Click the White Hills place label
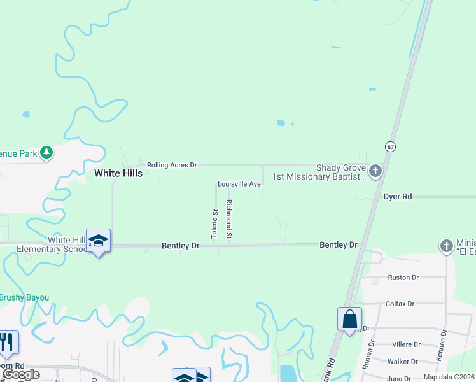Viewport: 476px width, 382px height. [118, 173]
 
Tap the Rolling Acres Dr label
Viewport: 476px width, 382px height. [172, 165]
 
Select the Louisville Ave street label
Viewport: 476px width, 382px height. [239, 184]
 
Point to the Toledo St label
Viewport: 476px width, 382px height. [215, 224]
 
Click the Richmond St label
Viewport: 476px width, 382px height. [229, 220]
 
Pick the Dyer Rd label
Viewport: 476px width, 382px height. [398, 197]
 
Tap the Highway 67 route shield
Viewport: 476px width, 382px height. [390, 146]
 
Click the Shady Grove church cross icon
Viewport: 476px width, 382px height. [375, 171]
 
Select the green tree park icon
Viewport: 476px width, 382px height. [46, 152]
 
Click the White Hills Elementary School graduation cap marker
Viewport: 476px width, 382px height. [98, 241]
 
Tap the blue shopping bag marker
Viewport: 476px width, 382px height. [350, 319]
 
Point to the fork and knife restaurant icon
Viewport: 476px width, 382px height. [8, 343]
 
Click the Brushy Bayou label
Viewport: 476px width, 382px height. [24, 297]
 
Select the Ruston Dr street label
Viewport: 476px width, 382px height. [403, 278]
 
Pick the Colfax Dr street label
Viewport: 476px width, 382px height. [400, 304]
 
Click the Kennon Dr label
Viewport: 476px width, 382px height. [440, 346]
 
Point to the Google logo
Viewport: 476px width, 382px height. [21, 374]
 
